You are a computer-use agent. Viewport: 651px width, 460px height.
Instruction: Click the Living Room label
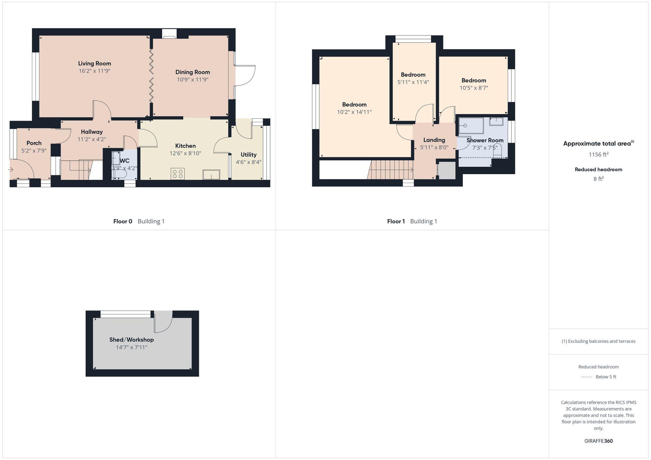94,63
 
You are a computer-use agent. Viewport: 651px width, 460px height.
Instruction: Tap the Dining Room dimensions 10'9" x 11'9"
192,80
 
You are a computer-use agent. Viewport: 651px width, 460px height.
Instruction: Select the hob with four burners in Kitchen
178,174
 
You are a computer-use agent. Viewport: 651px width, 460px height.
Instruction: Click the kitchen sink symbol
211,175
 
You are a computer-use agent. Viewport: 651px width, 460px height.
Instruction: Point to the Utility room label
248,155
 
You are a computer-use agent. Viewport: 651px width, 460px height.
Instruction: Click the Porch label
34,143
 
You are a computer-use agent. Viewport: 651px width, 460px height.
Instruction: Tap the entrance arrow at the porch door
11,169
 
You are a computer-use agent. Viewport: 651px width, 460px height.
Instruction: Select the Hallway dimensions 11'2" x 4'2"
91,139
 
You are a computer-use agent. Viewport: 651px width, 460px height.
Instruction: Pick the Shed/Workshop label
132,340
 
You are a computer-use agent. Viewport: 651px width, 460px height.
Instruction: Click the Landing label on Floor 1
434,140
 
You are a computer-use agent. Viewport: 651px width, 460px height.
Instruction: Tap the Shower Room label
485,140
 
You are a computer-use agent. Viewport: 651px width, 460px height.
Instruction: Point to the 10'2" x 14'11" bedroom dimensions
354,112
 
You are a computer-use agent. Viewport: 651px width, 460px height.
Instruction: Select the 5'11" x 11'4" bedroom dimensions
413,82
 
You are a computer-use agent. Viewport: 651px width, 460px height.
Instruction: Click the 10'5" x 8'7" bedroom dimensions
474,88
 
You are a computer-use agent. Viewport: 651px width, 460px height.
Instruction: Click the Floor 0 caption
123,221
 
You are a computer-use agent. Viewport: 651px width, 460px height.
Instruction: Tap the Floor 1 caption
396,221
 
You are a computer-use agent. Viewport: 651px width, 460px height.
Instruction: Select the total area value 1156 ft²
598,154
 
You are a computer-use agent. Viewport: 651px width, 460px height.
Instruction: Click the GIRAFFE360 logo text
598,441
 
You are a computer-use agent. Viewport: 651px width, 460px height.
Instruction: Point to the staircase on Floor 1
391,170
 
